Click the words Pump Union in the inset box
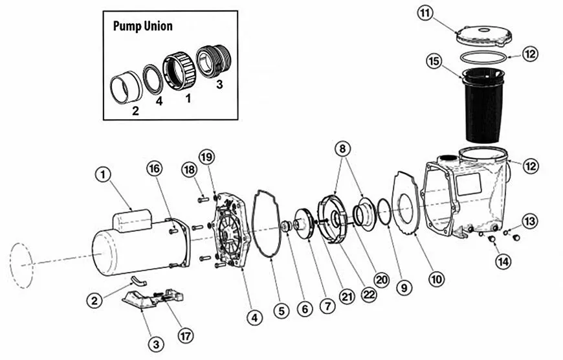[x=142, y=27]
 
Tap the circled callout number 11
[x=425, y=13]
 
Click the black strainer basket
[x=483, y=107]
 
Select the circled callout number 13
[x=529, y=221]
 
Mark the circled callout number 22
[x=370, y=293]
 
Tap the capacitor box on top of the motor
[x=133, y=221]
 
